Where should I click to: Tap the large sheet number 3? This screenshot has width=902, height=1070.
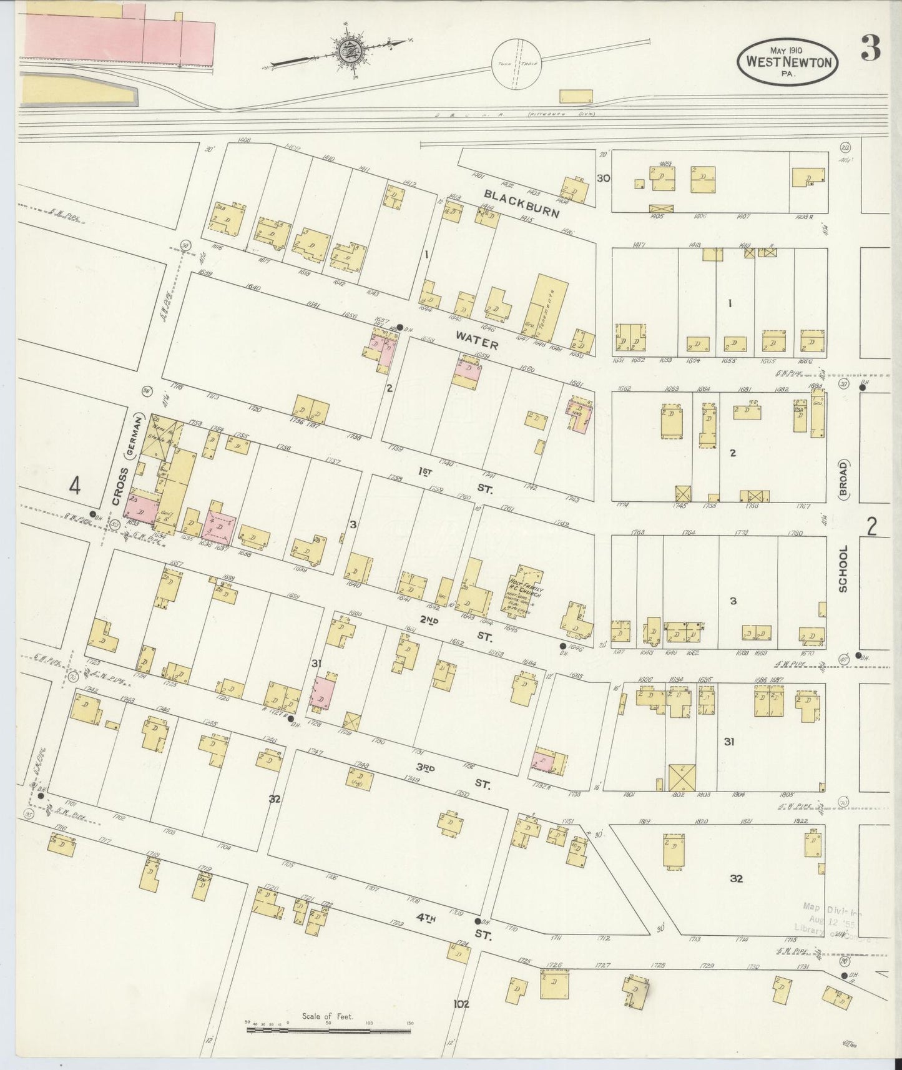(871, 48)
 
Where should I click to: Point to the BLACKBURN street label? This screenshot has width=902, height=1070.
(522, 204)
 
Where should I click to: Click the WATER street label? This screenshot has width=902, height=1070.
(476, 340)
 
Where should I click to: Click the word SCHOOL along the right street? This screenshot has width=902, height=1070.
(843, 568)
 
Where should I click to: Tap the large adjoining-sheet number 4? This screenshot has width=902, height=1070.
(75, 485)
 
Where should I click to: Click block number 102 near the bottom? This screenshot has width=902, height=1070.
(461, 1004)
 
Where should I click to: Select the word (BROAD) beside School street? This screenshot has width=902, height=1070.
(843, 478)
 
